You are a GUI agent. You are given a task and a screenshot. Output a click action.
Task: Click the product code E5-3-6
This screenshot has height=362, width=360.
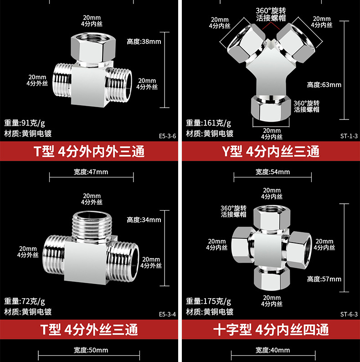pos(167,135)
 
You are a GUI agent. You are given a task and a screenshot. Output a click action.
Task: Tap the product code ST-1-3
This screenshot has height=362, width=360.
pos(349,135)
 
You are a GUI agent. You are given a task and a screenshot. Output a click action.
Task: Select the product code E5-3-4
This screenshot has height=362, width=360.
pos(167,314)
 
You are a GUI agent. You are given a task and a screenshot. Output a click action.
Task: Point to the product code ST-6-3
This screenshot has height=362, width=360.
pos(349,314)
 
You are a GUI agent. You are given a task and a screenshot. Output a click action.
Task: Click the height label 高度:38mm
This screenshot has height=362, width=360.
pos(144,42)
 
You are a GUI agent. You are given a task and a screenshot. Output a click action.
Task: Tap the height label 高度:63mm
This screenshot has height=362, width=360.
pos(324,85)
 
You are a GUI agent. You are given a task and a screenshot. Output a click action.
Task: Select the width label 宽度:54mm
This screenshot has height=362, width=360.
pos(273,172)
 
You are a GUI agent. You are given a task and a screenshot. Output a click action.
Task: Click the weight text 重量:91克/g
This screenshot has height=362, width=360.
pos(25,123)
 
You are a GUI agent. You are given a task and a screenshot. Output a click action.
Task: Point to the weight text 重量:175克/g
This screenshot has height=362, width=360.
pos(209,301)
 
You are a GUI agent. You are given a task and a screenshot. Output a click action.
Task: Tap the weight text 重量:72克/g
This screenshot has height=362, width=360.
pos(25,301)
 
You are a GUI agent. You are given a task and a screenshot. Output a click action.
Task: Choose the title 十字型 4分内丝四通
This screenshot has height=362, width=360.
pos(271,329)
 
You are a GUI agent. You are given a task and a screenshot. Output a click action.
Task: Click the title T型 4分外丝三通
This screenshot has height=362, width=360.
pos(89,329)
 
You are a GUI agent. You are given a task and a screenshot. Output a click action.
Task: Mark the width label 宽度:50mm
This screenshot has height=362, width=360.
pos(91,350)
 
